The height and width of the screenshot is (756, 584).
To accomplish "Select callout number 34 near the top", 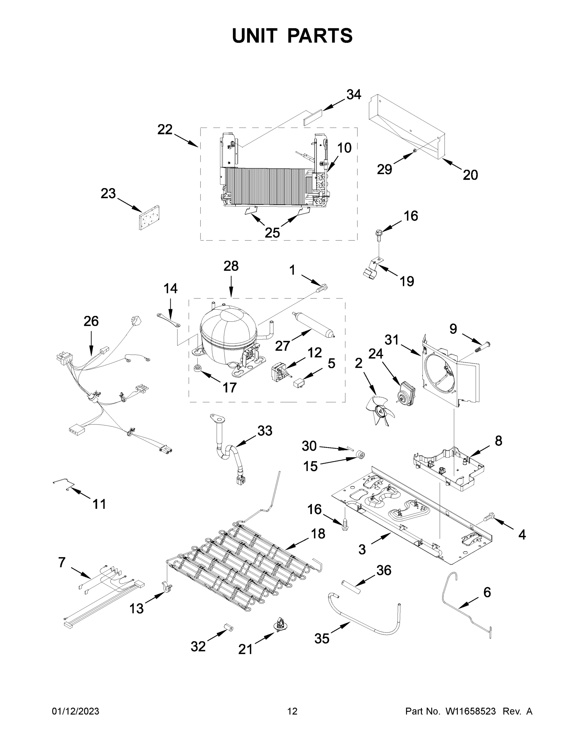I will pyautogui.click(x=354, y=94).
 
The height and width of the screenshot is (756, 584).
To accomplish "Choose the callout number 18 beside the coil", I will pyautogui.click(x=318, y=534).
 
